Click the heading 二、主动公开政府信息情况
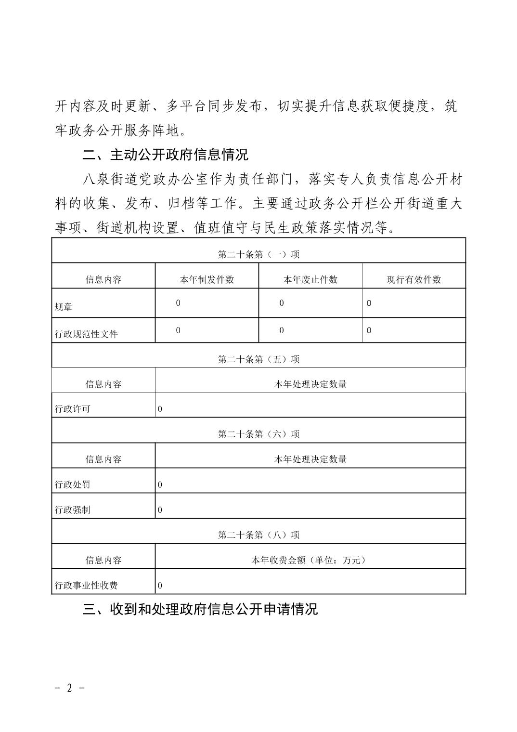165,155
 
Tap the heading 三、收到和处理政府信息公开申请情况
200,609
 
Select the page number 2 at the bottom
69,688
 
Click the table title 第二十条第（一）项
258,254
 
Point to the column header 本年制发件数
207,280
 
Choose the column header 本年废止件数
310,280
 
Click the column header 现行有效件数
414,280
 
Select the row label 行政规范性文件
86,334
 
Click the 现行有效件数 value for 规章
369,303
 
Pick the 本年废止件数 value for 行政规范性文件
282,330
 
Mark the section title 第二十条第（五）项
258,359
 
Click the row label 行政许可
73,409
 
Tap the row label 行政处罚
73,484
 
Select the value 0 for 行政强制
160,510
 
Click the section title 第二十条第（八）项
258,535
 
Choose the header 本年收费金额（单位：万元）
310,560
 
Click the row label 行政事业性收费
86,586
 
